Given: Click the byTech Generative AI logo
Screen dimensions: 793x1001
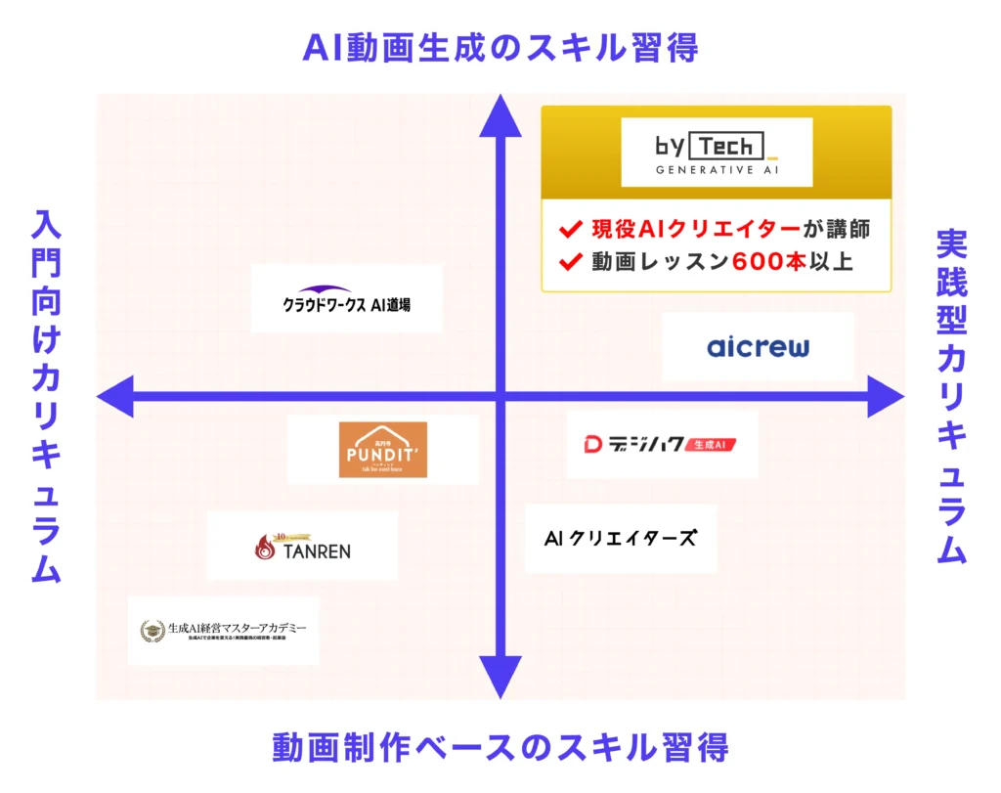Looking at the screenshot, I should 717,153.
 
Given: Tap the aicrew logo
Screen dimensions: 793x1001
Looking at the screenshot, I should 758,347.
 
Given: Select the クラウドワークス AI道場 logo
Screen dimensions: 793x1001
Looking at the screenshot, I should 346,299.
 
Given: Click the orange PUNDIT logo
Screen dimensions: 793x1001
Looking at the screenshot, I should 383,450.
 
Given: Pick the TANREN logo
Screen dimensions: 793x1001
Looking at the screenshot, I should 302,546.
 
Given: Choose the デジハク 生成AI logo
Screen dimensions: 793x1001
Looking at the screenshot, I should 661,445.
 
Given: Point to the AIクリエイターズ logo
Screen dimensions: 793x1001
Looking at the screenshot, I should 621,538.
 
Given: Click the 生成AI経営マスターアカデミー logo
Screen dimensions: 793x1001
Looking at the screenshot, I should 223,631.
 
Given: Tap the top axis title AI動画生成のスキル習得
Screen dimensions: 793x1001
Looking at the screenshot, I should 500,47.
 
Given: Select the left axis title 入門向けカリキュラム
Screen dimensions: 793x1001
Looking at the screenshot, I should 46,396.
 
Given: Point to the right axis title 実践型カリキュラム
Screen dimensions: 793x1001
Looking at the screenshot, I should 951,396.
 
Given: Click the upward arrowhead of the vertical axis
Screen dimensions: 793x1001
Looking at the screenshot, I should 500,112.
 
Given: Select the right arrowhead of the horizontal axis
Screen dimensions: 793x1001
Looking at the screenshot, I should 887,396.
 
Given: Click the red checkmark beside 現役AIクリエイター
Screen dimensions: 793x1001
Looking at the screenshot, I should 570,231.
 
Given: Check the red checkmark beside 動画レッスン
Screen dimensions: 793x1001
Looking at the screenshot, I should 570,262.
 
